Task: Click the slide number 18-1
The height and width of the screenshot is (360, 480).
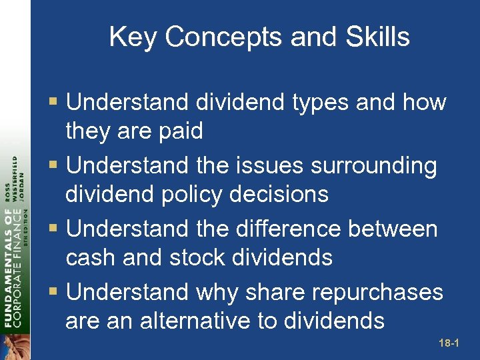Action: point(450,344)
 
